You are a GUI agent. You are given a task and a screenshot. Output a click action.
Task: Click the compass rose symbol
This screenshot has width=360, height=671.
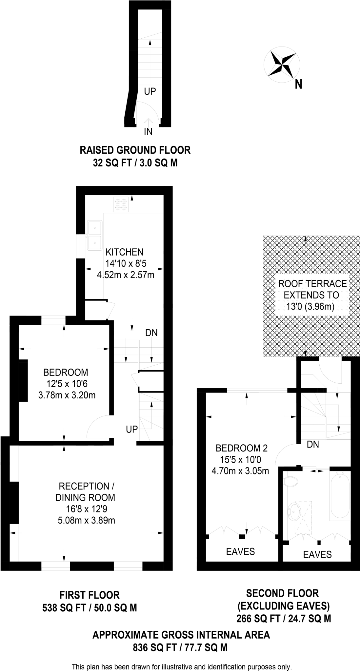[x=282, y=64]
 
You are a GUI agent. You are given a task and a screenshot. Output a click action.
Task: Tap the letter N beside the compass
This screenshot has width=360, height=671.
[x=298, y=85]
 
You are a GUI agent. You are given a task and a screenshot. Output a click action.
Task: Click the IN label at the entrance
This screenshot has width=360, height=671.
[x=148, y=132]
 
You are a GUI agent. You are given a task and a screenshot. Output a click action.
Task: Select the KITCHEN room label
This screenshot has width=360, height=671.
[x=125, y=252]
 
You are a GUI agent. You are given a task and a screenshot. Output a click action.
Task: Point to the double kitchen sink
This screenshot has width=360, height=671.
[x=95, y=235]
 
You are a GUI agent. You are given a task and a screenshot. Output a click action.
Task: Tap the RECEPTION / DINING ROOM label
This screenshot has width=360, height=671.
[x=85, y=492]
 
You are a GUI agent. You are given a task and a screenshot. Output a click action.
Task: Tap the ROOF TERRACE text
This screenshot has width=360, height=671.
[x=312, y=283]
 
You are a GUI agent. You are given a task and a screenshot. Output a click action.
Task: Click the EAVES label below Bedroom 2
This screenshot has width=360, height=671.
[x=240, y=552]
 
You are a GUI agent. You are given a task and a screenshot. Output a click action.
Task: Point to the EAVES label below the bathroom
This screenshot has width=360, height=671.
[x=317, y=554]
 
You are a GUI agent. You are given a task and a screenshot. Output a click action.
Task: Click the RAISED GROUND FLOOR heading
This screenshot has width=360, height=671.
[x=135, y=150]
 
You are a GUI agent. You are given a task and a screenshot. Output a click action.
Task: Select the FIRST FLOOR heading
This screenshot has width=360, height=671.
[x=90, y=595]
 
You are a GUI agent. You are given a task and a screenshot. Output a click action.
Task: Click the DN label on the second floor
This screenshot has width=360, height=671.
[x=313, y=444]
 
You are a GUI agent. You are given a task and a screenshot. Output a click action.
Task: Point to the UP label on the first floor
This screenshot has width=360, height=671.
[x=132, y=429]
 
